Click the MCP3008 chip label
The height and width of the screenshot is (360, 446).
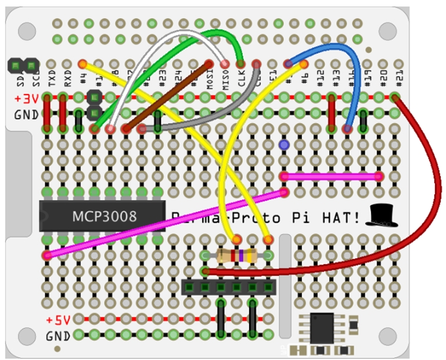(x=105, y=217)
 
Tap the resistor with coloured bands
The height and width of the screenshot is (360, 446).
(x=236, y=255)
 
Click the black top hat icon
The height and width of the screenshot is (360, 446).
(x=382, y=215)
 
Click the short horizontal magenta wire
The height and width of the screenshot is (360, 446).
(x=331, y=175)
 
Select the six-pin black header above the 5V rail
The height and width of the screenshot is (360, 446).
(x=228, y=286)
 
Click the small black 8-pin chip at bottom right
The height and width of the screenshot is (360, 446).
(x=321, y=328)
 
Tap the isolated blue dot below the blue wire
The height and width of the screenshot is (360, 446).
(x=283, y=144)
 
